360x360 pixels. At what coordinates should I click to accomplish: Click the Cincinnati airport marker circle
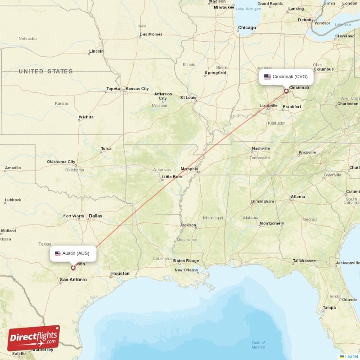pos(286,91)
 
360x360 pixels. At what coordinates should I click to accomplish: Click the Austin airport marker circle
pos(73,268)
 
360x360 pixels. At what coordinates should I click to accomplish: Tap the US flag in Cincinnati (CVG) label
pos(267,76)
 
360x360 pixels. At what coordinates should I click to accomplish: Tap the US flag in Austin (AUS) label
pos(58,253)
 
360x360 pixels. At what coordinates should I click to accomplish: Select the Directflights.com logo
pos(33,338)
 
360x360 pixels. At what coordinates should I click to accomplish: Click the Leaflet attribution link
pos(351,356)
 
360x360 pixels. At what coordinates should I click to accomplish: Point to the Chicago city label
pos(247,28)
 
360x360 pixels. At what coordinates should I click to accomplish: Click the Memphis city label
pos(189,169)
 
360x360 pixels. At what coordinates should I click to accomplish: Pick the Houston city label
pos(120,273)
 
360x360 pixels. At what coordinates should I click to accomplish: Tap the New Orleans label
pos(186,270)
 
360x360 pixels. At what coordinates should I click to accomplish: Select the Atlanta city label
pos(297,197)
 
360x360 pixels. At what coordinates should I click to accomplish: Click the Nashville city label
pos(261,148)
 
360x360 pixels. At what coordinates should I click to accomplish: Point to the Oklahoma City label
pos(61,162)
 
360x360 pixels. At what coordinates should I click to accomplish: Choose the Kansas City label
pos(137,89)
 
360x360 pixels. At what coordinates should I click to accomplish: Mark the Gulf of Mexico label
pos(258,345)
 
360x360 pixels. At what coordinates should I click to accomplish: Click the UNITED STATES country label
pos(45,72)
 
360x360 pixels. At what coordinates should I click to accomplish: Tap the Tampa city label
pos(329,308)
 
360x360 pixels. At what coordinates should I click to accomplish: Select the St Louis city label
pos(188,97)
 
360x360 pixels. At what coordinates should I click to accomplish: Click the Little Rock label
pos(172,177)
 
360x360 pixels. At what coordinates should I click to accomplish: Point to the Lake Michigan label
pos(248,9)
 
